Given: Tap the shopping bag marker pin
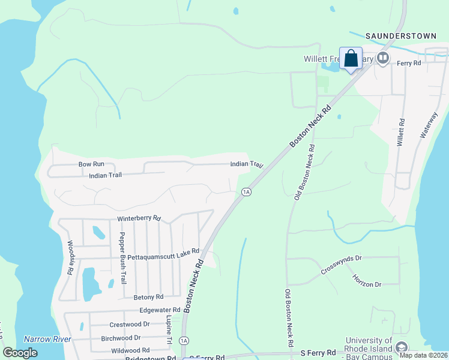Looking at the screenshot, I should tap(351, 59).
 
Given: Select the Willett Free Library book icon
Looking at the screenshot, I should tap(383, 58).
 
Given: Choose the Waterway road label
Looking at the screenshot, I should tap(430, 125).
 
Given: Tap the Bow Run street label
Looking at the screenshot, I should tap(91, 164).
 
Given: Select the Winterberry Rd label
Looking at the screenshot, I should tap(139, 218).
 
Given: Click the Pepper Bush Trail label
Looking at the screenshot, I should tap(123, 257).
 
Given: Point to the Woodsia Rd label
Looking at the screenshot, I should tap(70, 258).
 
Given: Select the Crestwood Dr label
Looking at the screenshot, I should tap(129, 325).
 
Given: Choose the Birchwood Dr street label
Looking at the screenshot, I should tap(121, 338).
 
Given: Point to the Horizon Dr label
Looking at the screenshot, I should tap(367, 280).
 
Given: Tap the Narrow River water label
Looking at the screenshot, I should tap(47, 339).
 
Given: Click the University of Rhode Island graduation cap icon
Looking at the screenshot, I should tap(402, 347).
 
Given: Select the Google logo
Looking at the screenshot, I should tap(20, 353).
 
